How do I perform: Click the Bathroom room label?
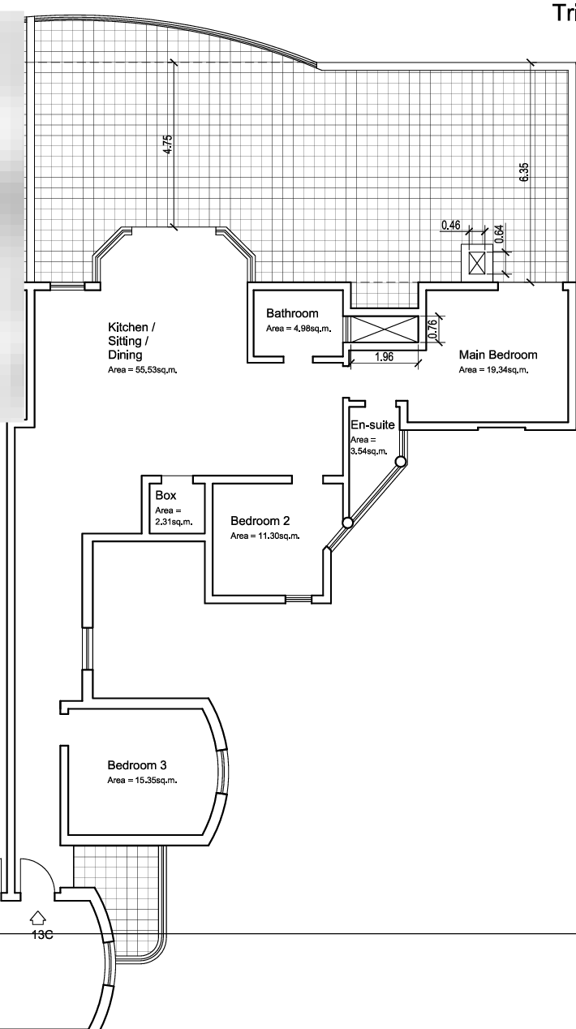point(292,313)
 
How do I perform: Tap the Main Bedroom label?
point(498,355)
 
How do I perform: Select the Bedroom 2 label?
point(260,520)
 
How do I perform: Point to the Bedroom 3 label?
point(137,765)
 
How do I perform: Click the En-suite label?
point(372,424)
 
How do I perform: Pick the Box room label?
point(165,495)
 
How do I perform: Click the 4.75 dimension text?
point(168,144)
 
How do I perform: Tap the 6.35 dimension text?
point(524,172)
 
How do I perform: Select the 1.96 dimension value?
point(384,357)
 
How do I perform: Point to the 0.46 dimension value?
point(450,225)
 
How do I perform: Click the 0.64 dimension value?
point(500,234)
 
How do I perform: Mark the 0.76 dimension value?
point(432,329)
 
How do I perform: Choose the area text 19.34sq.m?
point(507,370)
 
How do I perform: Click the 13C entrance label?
point(42,935)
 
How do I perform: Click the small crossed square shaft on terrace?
point(477,263)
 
